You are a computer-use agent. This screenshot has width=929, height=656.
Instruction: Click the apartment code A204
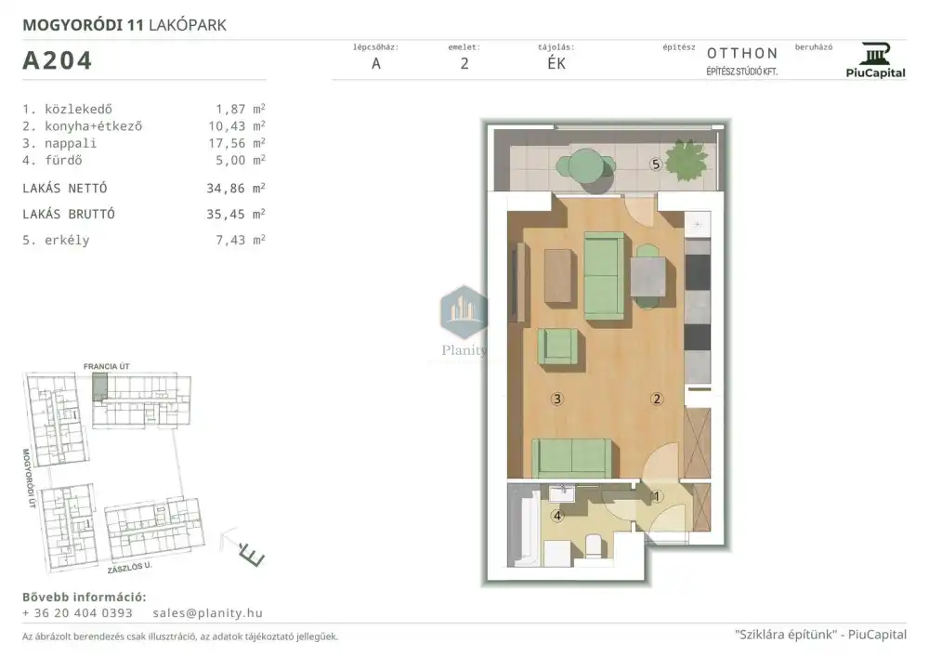pos(58,60)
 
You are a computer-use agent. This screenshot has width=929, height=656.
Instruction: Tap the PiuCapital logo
pos(875,60)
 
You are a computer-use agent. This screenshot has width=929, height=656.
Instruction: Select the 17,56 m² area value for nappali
pos(240,143)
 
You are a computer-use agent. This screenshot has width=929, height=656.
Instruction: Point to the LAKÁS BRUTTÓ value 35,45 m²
pos(236,214)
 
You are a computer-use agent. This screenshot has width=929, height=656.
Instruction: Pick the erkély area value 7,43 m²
pos(240,240)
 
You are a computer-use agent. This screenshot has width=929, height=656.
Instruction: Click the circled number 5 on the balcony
pos(655,164)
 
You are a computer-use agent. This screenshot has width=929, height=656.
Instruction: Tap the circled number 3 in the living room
pos(556,399)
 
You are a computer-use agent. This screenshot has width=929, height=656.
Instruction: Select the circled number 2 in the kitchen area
pos(657,399)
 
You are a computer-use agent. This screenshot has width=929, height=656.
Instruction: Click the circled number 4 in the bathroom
pos(556,516)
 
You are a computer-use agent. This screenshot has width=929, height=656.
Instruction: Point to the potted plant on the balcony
pos(687,159)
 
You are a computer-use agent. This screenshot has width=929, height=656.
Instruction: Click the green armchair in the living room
pos(557,347)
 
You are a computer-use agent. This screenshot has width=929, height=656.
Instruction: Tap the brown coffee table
pos(559,276)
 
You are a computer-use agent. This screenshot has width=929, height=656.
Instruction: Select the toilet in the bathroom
pos(593,546)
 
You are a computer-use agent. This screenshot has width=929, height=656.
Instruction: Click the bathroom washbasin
pos(562,493)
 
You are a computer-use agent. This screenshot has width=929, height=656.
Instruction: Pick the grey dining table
pos(648,276)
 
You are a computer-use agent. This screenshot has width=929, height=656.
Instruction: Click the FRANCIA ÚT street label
pos(107,366)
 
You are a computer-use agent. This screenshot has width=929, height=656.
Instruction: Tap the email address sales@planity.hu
pos(207,612)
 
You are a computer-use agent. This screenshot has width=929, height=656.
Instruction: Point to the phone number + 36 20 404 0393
pos(78,612)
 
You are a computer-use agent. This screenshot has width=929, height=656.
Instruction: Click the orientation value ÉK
pos(556,63)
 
